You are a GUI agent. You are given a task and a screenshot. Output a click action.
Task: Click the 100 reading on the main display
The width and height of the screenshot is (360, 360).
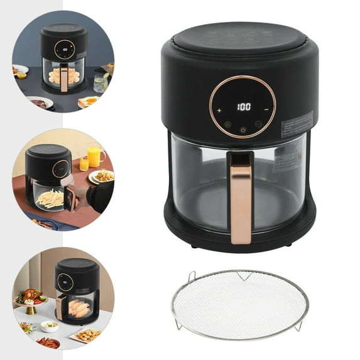(x=243, y=106)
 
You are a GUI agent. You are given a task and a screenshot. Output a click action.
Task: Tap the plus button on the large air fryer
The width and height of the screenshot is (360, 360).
(x=219, y=109)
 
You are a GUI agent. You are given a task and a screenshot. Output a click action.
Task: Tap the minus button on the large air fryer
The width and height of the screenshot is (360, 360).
(x=266, y=109)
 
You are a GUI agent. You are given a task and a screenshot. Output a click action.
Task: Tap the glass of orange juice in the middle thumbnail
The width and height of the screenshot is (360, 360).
(x=94, y=155)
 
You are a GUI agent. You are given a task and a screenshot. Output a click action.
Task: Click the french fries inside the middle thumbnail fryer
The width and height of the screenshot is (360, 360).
(x=50, y=199)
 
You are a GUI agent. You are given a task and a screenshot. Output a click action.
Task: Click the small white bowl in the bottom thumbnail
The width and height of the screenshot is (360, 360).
(x=50, y=325)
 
